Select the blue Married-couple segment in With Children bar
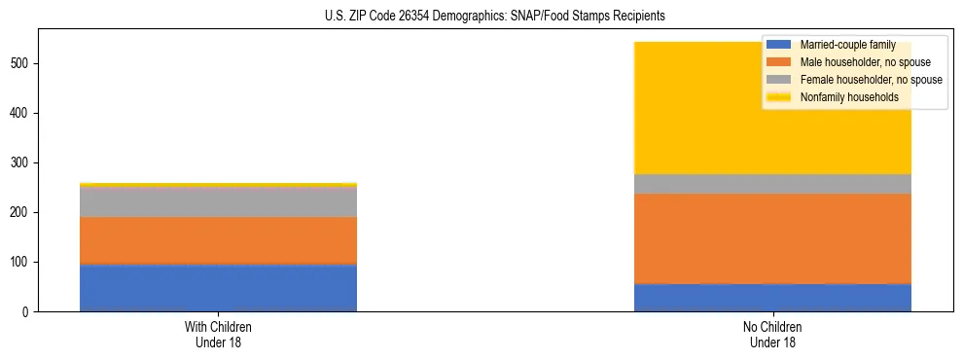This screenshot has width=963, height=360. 218,288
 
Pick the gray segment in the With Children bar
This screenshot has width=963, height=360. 218,201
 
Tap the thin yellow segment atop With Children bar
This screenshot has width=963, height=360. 218,184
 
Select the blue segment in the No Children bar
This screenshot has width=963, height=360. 772,298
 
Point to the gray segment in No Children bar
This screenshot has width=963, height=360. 772,184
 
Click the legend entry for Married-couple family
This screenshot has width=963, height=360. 845,45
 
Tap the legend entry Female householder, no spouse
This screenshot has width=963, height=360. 869,80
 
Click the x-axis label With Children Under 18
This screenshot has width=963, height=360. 218,334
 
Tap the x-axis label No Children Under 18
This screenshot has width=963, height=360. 772,334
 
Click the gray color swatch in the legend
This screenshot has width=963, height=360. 779,80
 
